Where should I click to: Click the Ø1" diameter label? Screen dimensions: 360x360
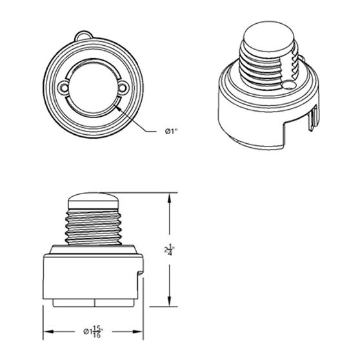[171, 132]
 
